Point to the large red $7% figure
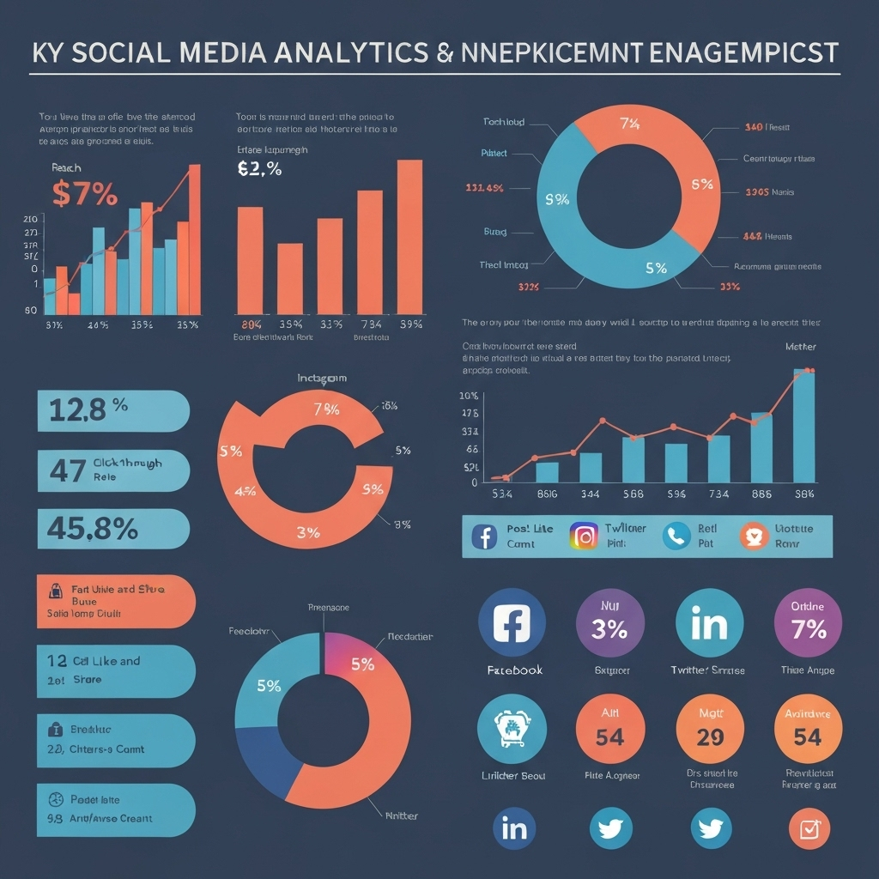(x=84, y=193)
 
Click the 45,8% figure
(x=88, y=529)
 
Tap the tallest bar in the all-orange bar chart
(x=409, y=237)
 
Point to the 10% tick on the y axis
(x=469, y=396)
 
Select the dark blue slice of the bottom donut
(x=263, y=746)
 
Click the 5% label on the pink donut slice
(x=362, y=664)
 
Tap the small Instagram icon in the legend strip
(x=585, y=536)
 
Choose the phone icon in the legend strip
(x=676, y=536)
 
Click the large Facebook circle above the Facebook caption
(x=512, y=622)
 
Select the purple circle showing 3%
(x=609, y=622)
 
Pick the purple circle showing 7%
(x=808, y=622)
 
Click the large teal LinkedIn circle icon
(x=710, y=622)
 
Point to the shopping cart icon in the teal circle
(x=512, y=728)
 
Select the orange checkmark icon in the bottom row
(x=809, y=829)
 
